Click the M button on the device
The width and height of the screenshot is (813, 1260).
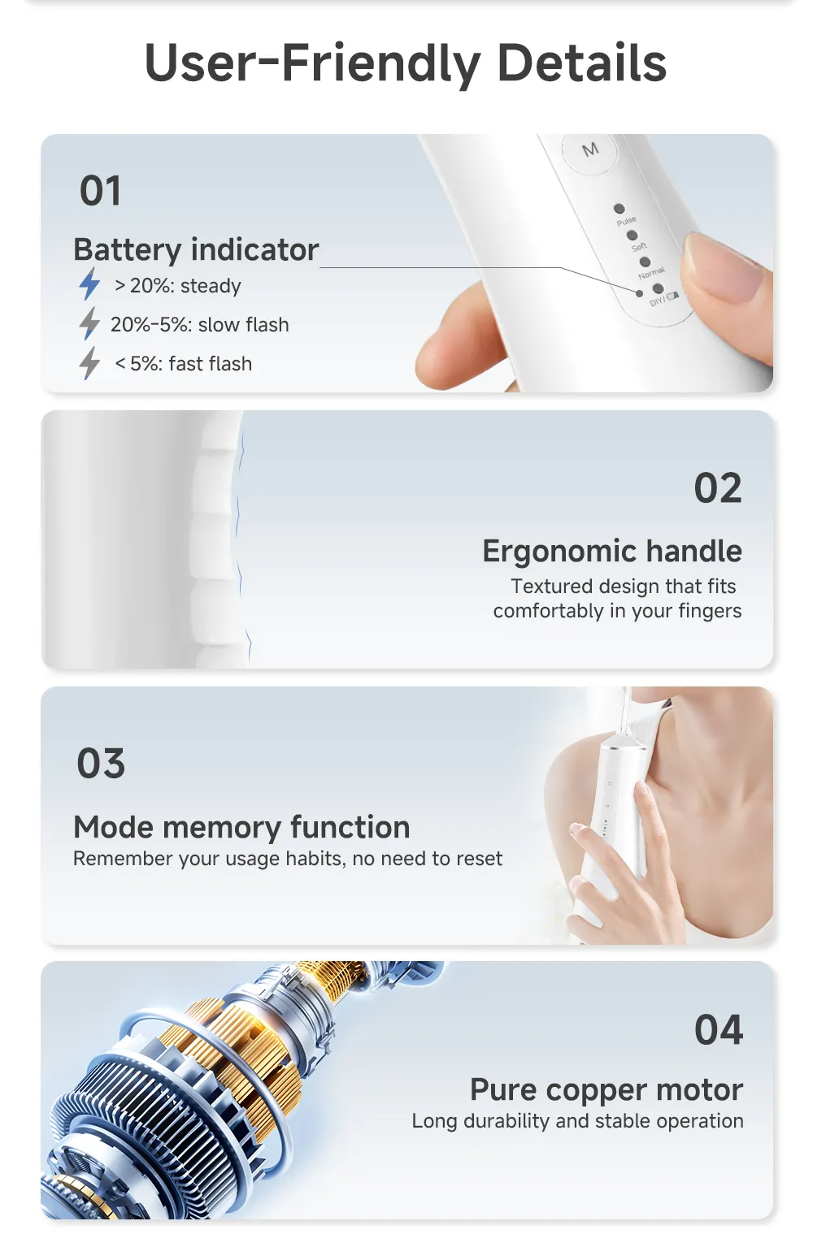pyautogui.click(x=589, y=151)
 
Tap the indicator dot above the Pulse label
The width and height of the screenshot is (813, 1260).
pyautogui.click(x=620, y=209)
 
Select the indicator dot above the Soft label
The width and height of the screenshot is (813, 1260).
pyautogui.click(x=633, y=235)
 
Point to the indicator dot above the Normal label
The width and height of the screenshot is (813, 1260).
pyautogui.click(x=646, y=262)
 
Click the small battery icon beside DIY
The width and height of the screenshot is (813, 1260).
pyautogui.click(x=673, y=296)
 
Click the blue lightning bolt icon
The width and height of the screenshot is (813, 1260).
pyautogui.click(x=89, y=284)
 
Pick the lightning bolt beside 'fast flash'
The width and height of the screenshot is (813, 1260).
pyautogui.click(x=89, y=363)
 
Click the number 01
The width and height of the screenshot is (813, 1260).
pyautogui.click(x=100, y=191)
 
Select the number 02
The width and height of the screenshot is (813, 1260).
pyautogui.click(x=718, y=487)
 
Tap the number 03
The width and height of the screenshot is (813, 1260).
pyautogui.click(x=101, y=764)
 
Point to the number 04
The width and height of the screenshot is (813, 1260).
pyautogui.click(x=719, y=1030)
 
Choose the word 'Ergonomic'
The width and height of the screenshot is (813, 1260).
pyautogui.click(x=560, y=552)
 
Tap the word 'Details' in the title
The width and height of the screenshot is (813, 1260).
pyautogui.click(x=582, y=63)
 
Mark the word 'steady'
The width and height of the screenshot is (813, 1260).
pyautogui.click(x=211, y=286)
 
